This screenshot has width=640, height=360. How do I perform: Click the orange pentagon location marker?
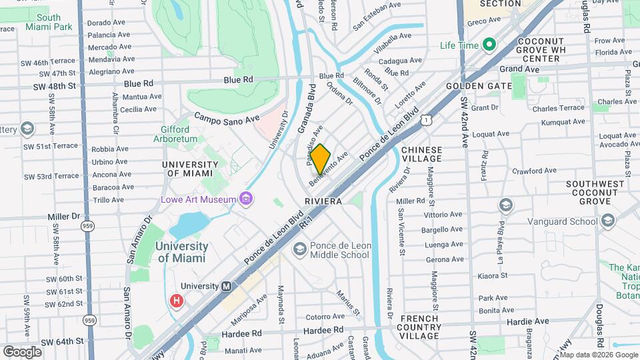coord(321,159)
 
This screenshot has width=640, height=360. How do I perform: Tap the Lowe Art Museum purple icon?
coord(246,198)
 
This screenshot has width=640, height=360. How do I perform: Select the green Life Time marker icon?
coord(489,45)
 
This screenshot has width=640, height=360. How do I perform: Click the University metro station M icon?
coord(226,286)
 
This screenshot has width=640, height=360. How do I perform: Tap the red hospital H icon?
coord(177,301)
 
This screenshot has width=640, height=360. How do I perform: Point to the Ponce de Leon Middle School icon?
coord(300,249)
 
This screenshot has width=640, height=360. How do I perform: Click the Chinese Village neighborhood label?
coord(421,154)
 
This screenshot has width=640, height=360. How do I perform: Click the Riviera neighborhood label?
coord(323,201)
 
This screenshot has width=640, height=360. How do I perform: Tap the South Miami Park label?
coord(49,22)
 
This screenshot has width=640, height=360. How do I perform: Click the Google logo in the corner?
coord(22,351)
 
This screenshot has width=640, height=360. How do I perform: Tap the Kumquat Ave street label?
coord(563,121)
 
